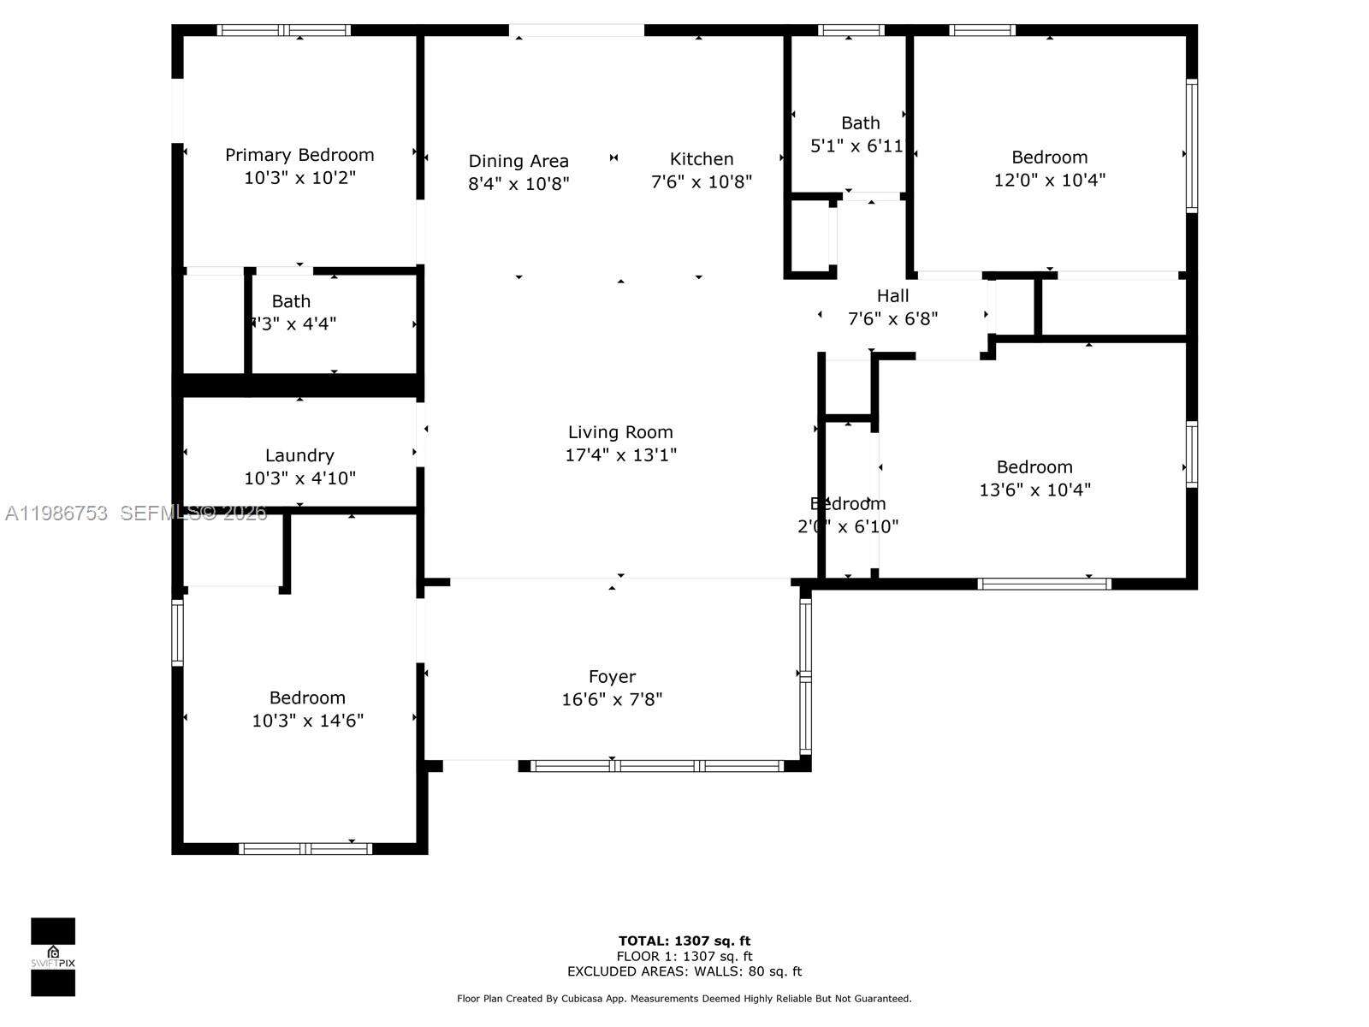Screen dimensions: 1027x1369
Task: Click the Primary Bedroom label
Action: point(299,155)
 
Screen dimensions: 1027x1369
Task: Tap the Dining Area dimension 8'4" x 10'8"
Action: point(519,183)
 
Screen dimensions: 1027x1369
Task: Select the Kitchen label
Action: point(701,159)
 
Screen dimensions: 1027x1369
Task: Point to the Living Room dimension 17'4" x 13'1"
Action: point(620,454)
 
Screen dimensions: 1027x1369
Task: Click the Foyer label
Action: point(612,677)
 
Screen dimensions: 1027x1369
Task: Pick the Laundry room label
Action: point(299,455)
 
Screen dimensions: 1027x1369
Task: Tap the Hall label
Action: point(892,296)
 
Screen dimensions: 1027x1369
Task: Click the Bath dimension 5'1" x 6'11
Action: point(856,146)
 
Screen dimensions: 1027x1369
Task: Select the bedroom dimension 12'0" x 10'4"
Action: point(1049,180)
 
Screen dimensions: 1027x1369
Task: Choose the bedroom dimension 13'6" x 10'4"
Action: point(1034,490)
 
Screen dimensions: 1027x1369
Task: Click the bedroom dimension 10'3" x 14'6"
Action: point(307,721)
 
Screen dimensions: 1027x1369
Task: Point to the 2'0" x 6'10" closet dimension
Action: point(847,527)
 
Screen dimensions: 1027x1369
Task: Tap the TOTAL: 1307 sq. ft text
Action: point(684,941)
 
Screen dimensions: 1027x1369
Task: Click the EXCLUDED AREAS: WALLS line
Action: point(684,971)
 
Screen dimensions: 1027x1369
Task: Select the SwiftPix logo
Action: point(53,957)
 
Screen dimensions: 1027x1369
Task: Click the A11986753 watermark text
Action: point(56,513)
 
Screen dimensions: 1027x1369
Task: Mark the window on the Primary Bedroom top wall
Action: point(284,30)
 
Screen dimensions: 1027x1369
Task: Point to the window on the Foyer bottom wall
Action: point(657,766)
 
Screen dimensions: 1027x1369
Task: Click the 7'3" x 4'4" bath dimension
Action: point(293,324)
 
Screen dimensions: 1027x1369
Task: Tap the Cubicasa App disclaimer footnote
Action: point(684,999)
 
